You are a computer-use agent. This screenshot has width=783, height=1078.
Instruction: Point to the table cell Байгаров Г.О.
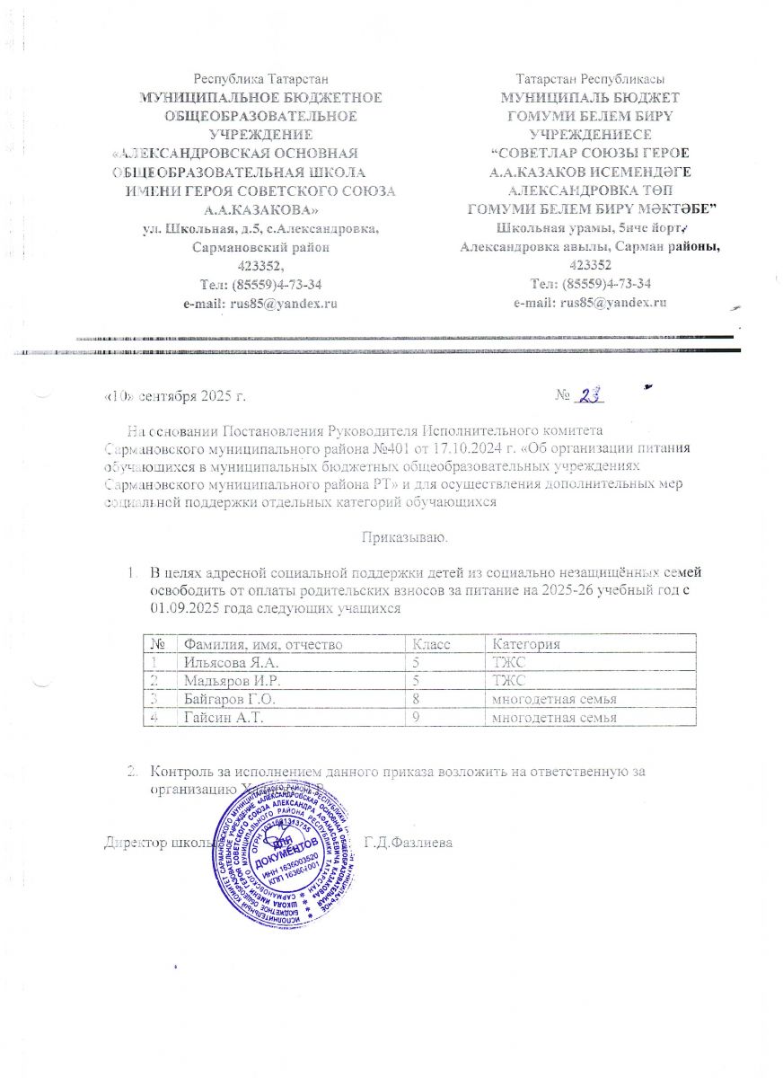coord(224,699)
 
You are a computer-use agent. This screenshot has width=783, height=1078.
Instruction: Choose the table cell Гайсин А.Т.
coord(218,718)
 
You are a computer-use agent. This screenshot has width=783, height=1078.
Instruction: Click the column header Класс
coord(429,644)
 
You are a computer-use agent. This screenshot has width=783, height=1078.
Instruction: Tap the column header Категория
coord(524,644)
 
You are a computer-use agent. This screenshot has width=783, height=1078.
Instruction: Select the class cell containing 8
coord(415,699)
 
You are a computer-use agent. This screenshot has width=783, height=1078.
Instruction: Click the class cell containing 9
coord(415,718)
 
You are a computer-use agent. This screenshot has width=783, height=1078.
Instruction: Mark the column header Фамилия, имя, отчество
coord(261,644)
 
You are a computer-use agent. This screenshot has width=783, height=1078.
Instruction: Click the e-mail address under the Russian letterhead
coord(260,304)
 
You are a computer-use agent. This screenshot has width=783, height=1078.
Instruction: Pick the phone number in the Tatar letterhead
coord(591,283)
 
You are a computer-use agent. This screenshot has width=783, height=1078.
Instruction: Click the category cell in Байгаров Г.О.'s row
coord(550,699)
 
